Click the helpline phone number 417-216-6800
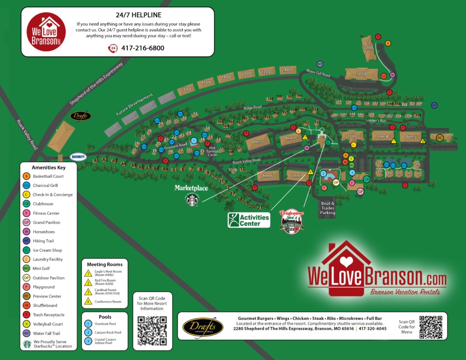point(142,48)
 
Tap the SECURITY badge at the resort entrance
point(78,157)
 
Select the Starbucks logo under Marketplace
point(192,200)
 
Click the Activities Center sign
point(249,220)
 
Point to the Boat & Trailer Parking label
point(327,208)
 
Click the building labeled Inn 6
point(268,175)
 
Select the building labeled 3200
point(368,48)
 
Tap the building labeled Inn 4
point(383,136)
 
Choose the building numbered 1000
point(352,136)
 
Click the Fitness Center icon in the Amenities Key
point(27,213)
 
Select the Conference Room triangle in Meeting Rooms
point(88,301)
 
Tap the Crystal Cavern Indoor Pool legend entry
point(88,341)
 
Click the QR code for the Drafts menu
point(430,327)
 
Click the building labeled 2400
point(286,70)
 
